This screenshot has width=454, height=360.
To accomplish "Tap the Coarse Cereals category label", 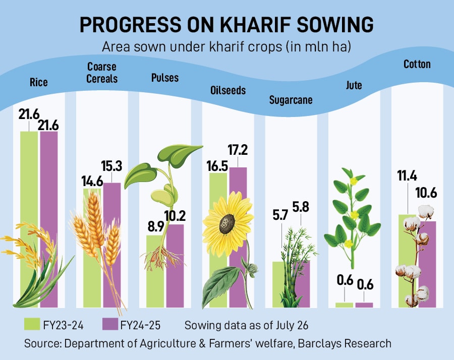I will coord(102,73).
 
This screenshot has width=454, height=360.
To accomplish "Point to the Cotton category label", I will coord(417,64).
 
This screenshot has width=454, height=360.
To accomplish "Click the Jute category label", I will coord(354,85).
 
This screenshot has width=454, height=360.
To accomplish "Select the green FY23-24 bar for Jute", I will coord(345,305).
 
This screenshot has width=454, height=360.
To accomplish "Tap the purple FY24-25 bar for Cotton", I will coord(427,262).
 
